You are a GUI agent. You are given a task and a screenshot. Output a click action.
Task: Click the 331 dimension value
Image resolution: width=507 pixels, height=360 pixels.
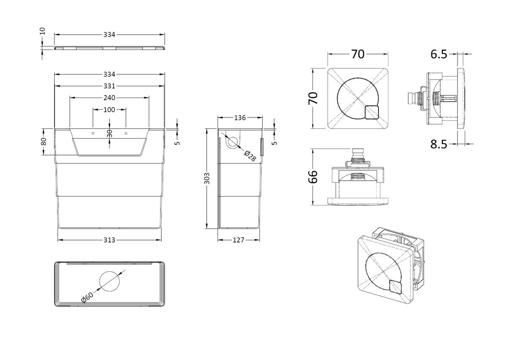coord(109,86)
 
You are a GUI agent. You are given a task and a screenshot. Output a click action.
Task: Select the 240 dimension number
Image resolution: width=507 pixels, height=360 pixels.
coord(109,98)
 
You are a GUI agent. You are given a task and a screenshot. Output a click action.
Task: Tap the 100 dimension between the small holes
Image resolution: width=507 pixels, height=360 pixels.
coord(109,110)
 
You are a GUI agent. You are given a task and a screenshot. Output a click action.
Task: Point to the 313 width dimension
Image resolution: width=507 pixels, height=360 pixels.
coord(109,240)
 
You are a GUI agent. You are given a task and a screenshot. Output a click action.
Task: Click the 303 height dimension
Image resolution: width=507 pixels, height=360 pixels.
coord(207,178)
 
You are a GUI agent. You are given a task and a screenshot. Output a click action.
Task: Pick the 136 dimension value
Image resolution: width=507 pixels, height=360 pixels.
coord(240,118)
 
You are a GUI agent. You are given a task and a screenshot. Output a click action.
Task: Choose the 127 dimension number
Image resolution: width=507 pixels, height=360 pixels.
coord(239,240)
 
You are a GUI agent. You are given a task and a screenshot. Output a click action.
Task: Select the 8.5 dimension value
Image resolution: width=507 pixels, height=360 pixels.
coord(439,144)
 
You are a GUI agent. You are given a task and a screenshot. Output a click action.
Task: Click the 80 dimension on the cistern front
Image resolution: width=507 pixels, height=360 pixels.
coord(44,142)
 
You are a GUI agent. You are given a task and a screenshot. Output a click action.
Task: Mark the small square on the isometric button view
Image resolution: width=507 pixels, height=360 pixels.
coord(396,287)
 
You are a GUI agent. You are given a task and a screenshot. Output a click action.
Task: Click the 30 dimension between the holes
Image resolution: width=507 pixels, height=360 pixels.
coord(109,134)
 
